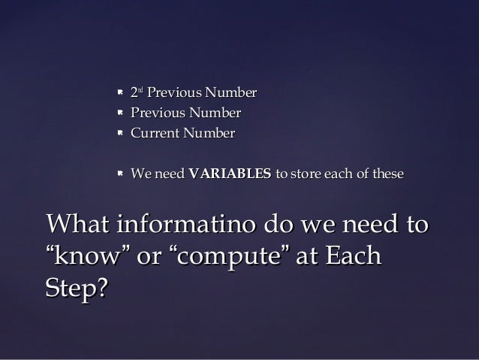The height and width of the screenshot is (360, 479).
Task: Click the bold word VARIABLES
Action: click(230, 174)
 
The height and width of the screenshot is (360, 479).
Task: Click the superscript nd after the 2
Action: click(140, 91)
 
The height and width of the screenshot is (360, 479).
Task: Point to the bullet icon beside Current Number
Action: click(119, 134)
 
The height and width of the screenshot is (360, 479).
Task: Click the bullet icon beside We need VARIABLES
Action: click(119, 174)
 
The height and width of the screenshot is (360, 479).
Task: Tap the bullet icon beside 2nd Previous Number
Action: click(119, 94)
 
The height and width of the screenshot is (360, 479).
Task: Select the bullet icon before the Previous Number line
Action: click(119, 113)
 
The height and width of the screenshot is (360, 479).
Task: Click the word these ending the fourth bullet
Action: click(386, 174)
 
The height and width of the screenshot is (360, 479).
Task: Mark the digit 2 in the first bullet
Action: click(134, 94)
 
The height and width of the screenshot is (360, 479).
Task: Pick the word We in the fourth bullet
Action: click(140, 174)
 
